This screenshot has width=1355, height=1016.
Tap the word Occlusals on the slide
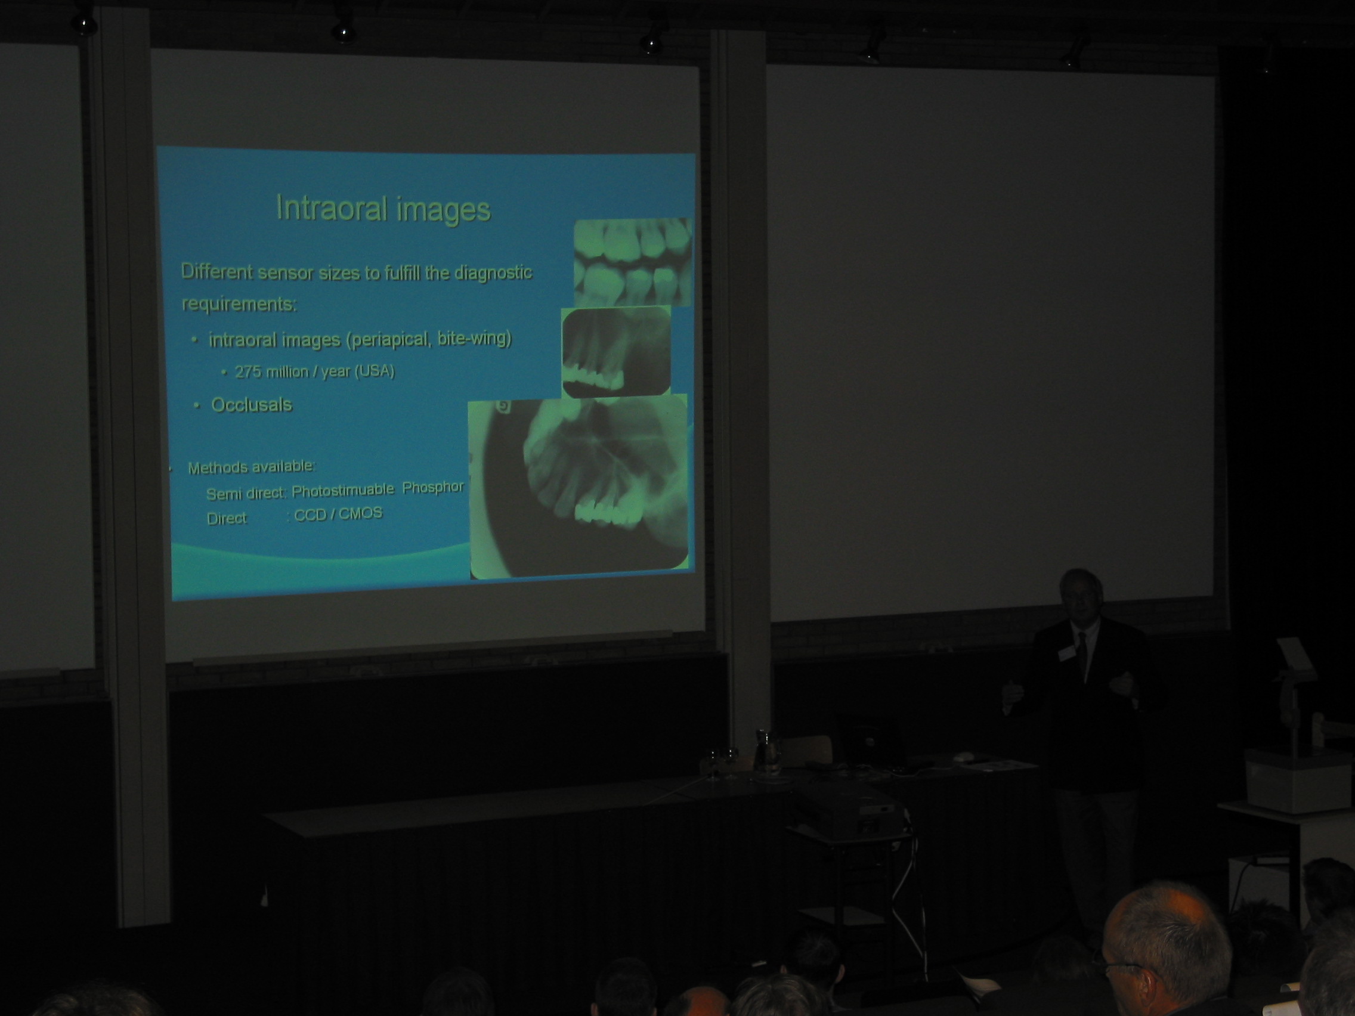pyautogui.click(x=251, y=405)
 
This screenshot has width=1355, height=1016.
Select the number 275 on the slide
pyautogui.click(x=248, y=371)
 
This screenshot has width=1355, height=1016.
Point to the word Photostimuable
pyautogui.click(x=342, y=490)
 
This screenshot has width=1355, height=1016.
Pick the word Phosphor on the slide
pyautogui.click(x=433, y=488)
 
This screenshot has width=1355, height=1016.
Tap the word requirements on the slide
pyautogui.click(x=239, y=303)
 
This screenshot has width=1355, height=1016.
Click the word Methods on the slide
pyautogui.click(x=210, y=469)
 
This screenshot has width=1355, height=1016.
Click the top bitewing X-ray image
pyautogui.click(x=633, y=262)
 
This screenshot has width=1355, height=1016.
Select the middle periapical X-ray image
pyautogui.click(x=615, y=351)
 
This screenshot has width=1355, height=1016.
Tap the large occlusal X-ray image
pyautogui.click(x=578, y=487)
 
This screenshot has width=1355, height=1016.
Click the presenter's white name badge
pyautogui.click(x=1066, y=654)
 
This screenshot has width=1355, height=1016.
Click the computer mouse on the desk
pyautogui.click(x=964, y=757)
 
